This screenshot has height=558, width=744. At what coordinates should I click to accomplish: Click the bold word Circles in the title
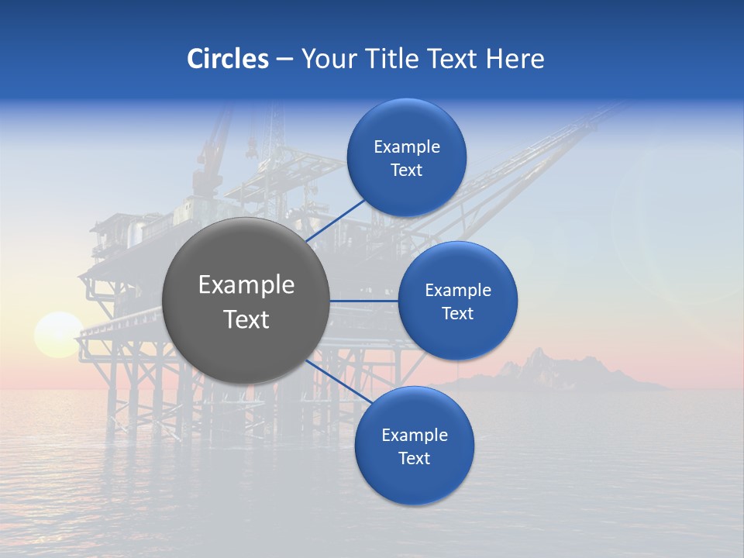(x=227, y=59)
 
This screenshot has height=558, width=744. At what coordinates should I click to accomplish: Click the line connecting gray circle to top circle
(x=336, y=219)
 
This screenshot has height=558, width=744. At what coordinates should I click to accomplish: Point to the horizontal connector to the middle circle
(x=363, y=301)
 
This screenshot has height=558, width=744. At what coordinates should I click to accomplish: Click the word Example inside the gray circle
(x=246, y=285)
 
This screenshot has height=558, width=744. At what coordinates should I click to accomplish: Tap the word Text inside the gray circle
(x=246, y=319)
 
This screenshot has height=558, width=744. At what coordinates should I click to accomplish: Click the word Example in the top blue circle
(x=406, y=146)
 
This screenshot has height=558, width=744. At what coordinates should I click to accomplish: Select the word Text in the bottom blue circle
(x=414, y=458)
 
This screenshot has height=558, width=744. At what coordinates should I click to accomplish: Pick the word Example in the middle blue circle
(x=457, y=290)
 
